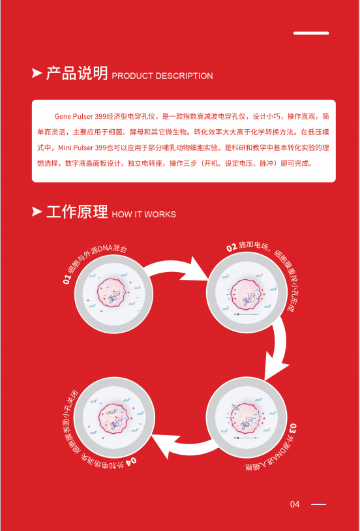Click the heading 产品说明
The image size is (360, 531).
[x=77, y=73]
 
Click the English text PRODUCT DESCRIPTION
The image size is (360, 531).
[x=162, y=76]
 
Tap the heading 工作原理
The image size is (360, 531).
[x=77, y=211]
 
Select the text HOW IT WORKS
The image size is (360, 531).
[x=144, y=215]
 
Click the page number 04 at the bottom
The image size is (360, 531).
[x=295, y=504]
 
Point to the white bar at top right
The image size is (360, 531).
[x=311, y=33]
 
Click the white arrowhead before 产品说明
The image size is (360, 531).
[x=37, y=73]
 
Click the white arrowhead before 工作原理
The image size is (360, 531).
[x=37, y=211]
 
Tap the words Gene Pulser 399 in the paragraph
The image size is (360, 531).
[x=80, y=117]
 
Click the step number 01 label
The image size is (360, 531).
[x=67, y=280]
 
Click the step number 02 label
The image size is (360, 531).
[x=232, y=248]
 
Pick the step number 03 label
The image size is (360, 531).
[x=293, y=427]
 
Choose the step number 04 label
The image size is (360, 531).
[x=132, y=461]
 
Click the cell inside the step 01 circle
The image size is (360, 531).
[x=113, y=293]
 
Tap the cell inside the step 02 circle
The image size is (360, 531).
[x=247, y=294]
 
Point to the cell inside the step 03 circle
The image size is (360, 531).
[x=247, y=419]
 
